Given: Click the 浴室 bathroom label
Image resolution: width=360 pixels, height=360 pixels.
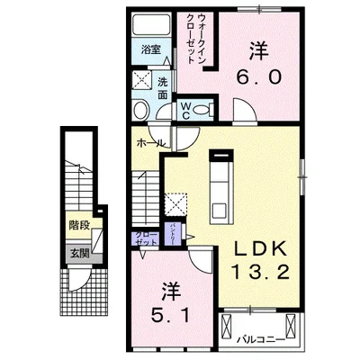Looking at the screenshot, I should coord(151,51).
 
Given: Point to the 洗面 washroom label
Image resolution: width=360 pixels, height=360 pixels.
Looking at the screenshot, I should coord(163,88).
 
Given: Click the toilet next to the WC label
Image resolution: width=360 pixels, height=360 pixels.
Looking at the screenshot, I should coord(204,111).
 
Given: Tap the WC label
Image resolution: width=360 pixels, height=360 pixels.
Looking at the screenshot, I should coord(184,111).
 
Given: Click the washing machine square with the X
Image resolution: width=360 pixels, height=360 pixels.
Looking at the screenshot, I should coord(142,80).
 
